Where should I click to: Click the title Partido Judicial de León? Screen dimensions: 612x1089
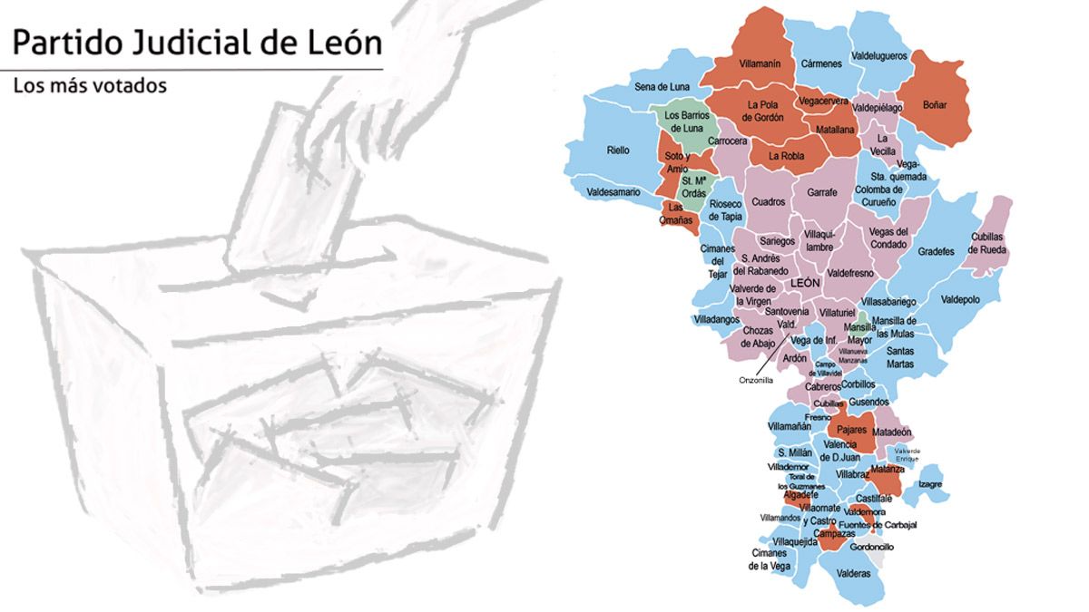[196, 43]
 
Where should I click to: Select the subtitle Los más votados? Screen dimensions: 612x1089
[89, 87]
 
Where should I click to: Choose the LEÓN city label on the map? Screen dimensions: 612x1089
[805, 283]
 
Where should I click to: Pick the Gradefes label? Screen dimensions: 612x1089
[936, 251]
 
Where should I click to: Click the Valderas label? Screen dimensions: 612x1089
[853, 574]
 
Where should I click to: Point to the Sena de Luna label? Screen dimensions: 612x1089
[662, 87]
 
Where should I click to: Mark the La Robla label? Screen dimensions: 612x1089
[786, 156]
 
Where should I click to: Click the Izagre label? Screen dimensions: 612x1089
[934, 484]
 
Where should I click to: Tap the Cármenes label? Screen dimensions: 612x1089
[821, 63]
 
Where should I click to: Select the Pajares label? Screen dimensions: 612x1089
[851, 429]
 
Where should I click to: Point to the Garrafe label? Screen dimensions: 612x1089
[822, 192]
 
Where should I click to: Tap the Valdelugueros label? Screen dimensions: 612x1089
[878, 56]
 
